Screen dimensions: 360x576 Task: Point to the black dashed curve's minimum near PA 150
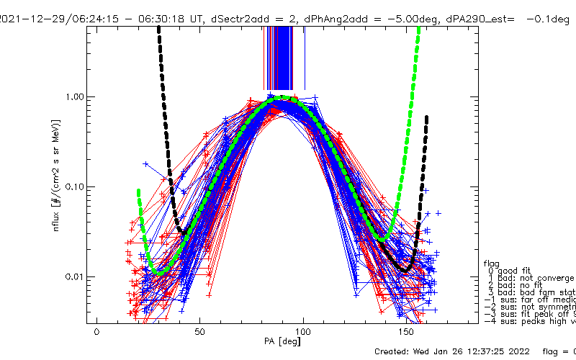pyautogui.click(x=405, y=270)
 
